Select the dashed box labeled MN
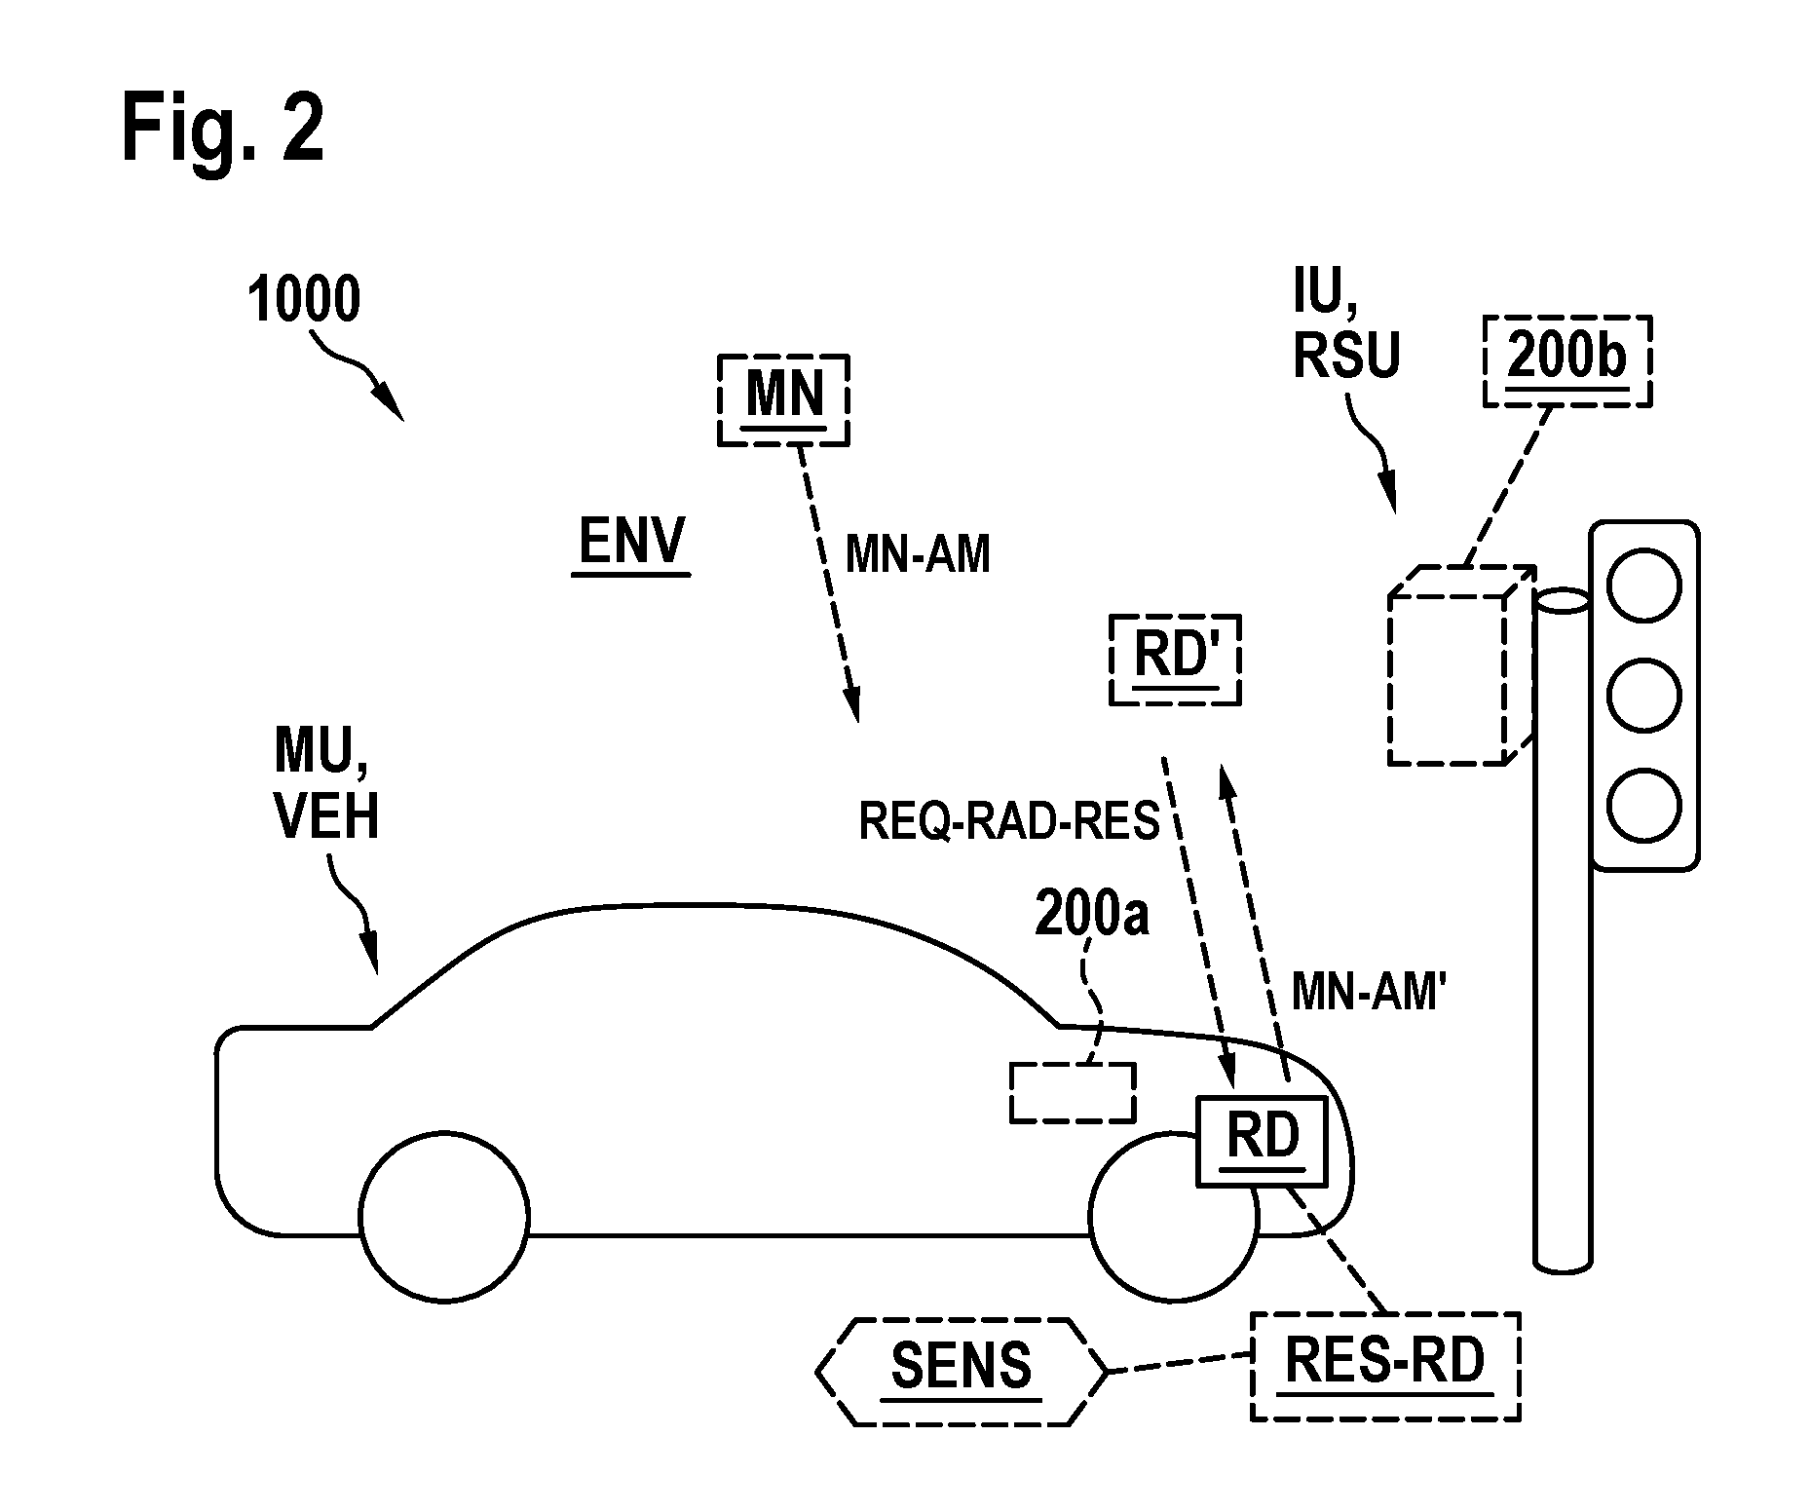click(783, 399)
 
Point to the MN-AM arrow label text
click(918, 555)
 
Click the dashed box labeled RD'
click(1175, 660)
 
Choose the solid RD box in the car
click(1262, 1141)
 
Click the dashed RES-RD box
click(1384, 1366)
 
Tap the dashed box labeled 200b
click(1566, 360)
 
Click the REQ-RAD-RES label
click(1008, 821)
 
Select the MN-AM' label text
click(1365, 993)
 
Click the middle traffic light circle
click(1643, 696)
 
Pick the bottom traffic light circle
click(1643, 805)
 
